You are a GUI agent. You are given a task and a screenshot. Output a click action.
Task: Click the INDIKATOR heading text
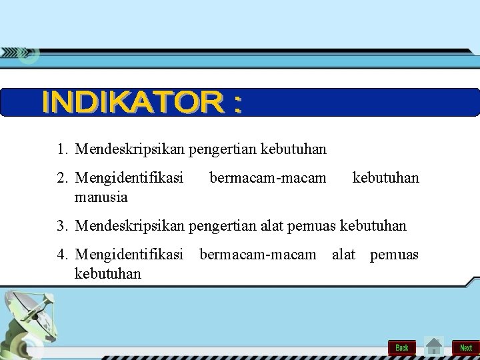pyautogui.click(x=142, y=103)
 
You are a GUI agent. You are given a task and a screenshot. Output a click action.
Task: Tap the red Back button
pyautogui.click(x=402, y=347)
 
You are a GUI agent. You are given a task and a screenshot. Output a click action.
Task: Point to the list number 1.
pyautogui.click(x=61, y=149)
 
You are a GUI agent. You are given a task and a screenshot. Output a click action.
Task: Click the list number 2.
pyautogui.click(x=61, y=178)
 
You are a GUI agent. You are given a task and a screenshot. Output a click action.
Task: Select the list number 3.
pyautogui.click(x=61, y=227)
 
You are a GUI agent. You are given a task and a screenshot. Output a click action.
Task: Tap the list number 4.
pyautogui.click(x=61, y=254)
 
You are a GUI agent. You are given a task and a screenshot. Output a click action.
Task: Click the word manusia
pyautogui.click(x=101, y=197)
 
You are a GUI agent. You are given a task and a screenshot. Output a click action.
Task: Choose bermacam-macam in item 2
pyautogui.click(x=268, y=178)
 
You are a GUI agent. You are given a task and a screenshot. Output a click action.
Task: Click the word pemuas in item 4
pyautogui.click(x=394, y=254)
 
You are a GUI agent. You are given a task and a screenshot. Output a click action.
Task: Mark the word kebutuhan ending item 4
pyautogui.click(x=108, y=273)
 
